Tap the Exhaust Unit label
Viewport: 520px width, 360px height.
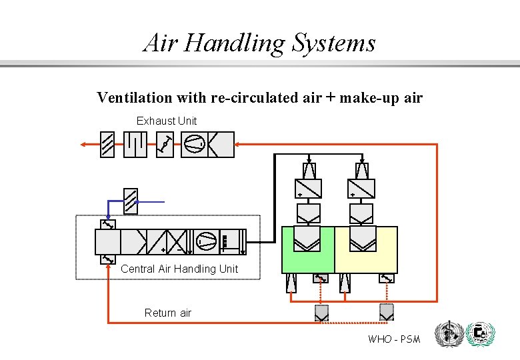[x=167, y=121]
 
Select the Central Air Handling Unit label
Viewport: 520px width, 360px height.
[x=179, y=269]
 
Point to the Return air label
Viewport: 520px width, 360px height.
[x=168, y=313]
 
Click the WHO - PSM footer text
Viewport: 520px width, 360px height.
[x=394, y=339]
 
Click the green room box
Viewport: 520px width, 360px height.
[x=308, y=249]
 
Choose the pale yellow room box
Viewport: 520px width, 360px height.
[x=366, y=249]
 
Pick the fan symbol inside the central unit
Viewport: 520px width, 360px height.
[x=205, y=241]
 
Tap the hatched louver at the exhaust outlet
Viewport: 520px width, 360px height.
[x=107, y=144]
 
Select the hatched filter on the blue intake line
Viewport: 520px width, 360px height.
[x=131, y=201]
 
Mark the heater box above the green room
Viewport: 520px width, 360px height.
[x=308, y=189]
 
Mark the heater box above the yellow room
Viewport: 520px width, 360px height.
[x=361, y=189]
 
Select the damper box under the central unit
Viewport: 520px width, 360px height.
[x=108, y=259]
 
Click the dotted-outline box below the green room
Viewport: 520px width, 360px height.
[x=321, y=311]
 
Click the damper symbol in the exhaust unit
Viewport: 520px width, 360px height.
[x=165, y=144]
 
